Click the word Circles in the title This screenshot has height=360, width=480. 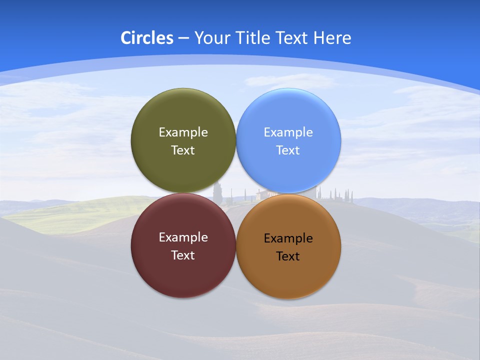coord(147,38)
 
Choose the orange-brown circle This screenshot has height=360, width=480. coord(288,275)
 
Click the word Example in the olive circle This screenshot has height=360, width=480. coord(183,132)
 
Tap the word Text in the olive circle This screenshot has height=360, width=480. coord(183,150)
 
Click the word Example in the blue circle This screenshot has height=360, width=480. coord(288,132)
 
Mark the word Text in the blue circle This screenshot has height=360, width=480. coord(288,150)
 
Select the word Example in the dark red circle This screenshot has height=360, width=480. coord(183,237)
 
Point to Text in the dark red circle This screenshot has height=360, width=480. coord(183,255)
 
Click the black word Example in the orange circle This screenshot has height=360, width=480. coord(288,238)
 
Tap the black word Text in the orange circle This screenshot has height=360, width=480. coord(288,256)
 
